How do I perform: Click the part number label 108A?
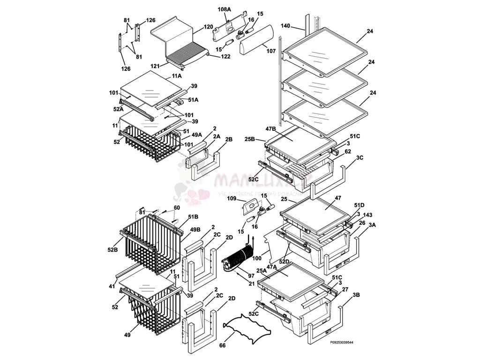pos(225,9)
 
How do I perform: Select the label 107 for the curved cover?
pos(271,51)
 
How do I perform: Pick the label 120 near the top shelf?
pos(208,28)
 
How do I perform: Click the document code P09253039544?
pos(341,343)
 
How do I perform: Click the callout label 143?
pos(367,215)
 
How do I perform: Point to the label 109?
pos(231,198)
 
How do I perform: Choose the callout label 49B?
pos(195,229)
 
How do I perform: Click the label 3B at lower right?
pos(356,295)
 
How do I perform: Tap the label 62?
pos(347,151)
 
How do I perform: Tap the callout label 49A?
pos(197,135)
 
